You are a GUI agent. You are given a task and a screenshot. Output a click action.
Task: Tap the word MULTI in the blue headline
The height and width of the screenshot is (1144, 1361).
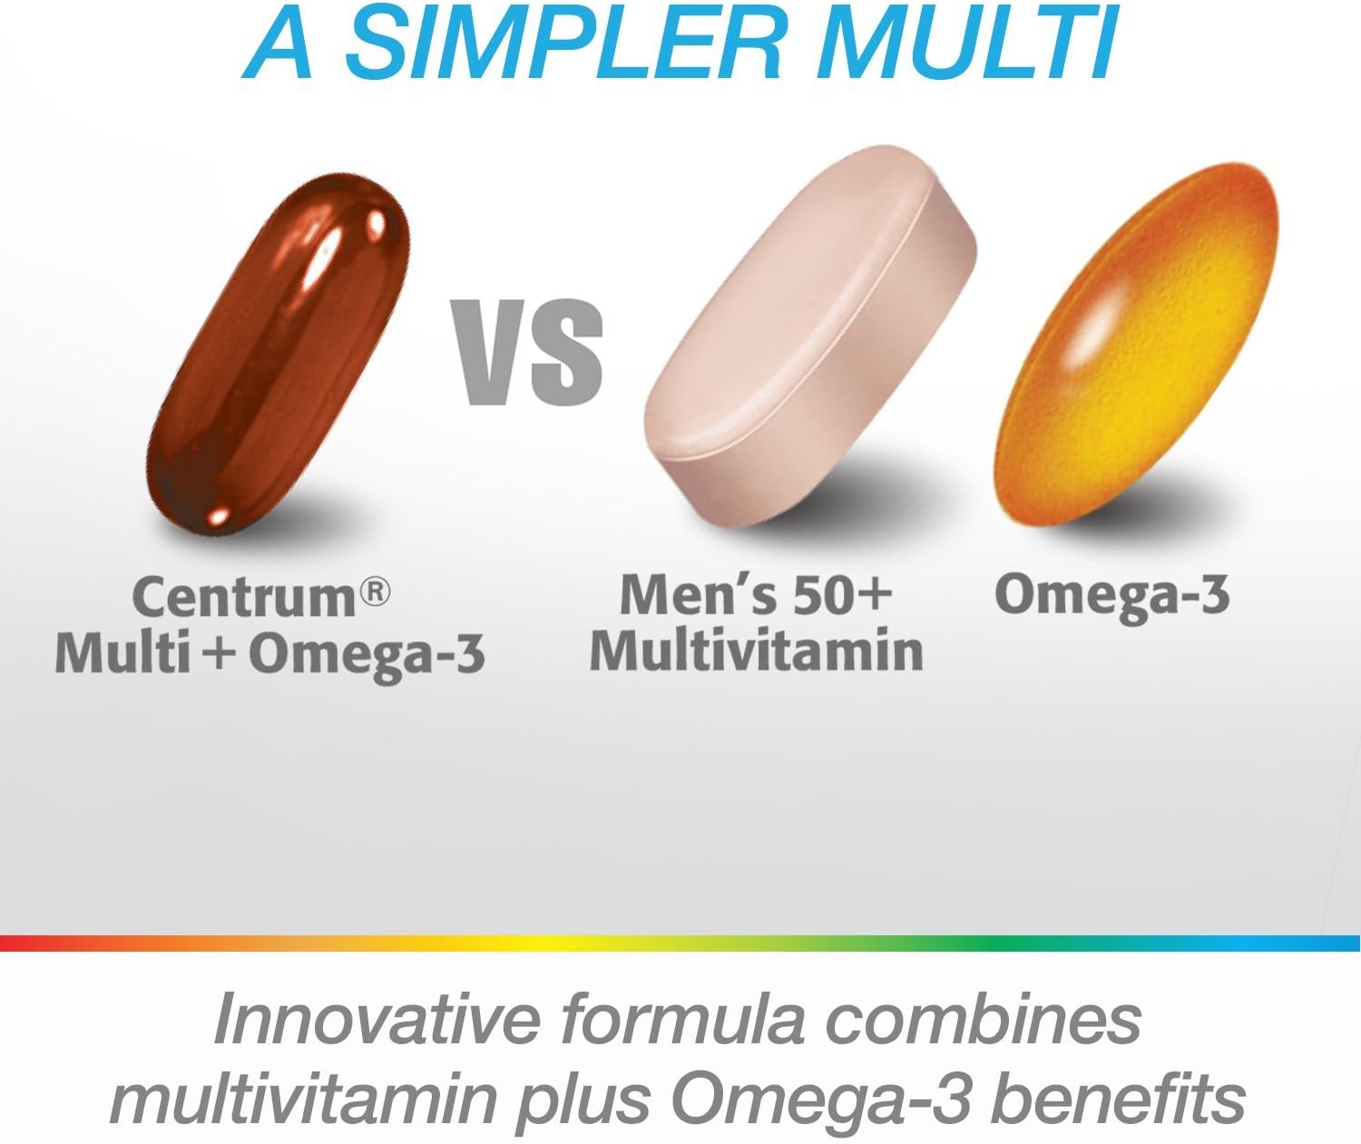coord(966,45)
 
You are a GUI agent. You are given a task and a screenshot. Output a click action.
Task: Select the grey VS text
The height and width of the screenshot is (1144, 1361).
coord(530,352)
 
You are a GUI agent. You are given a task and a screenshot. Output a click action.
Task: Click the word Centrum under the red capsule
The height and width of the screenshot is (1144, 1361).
coord(245,596)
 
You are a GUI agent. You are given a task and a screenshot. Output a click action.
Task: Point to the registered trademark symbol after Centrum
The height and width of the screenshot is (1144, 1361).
coord(375,592)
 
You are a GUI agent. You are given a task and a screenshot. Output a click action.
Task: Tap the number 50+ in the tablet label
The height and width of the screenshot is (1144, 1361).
coord(841,594)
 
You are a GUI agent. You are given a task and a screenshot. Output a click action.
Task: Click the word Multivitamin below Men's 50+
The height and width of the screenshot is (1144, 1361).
coord(756,651)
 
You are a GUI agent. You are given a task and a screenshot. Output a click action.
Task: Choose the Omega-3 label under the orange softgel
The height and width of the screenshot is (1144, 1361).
coord(1111,594)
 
